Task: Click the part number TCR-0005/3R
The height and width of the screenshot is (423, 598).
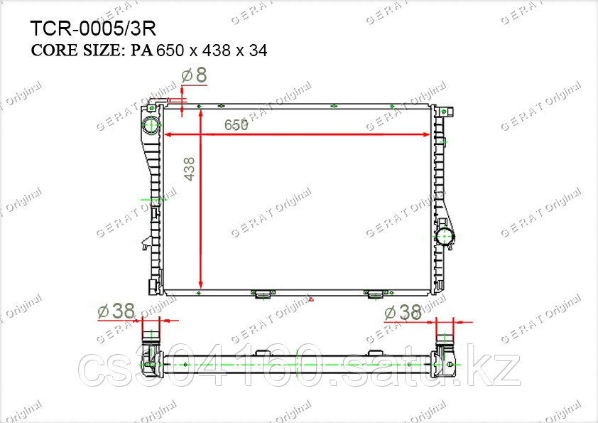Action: (93, 28)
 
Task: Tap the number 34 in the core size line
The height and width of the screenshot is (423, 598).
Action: (259, 50)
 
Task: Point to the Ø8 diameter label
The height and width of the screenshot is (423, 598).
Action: (194, 75)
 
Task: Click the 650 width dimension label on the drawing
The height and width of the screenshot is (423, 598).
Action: (236, 124)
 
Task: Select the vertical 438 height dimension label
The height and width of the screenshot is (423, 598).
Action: (189, 169)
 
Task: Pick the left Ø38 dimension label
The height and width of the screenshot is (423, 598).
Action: (116, 311)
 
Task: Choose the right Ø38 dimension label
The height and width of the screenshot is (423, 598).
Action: (403, 313)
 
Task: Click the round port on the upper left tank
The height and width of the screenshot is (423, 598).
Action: (151, 125)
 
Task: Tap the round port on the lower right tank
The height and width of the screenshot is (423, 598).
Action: (444, 237)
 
